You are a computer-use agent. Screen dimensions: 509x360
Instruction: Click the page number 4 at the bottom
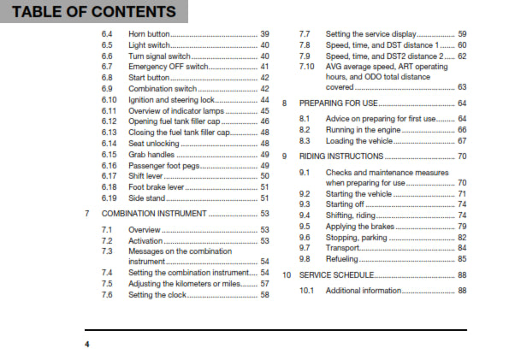[x=86, y=343]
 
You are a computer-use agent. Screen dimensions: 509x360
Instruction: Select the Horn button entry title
[x=148, y=32]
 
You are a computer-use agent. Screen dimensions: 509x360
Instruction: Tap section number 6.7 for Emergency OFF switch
[x=107, y=66]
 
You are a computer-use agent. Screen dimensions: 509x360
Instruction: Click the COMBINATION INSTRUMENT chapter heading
[x=154, y=213]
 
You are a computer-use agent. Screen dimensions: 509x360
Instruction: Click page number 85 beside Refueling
[x=462, y=258]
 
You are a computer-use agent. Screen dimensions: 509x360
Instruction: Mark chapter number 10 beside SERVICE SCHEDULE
[x=287, y=275]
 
